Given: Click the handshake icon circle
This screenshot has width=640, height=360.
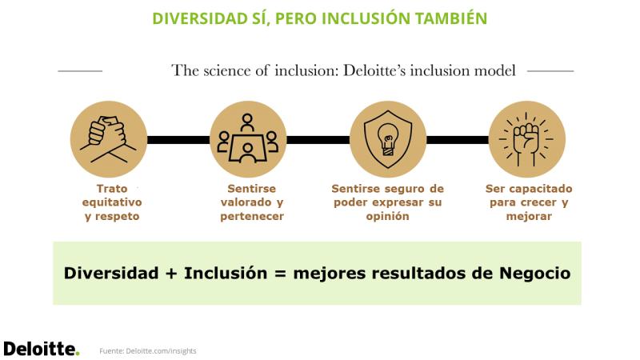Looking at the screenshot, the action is coord(109,139).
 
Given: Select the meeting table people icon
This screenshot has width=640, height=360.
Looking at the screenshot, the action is coord(247,139).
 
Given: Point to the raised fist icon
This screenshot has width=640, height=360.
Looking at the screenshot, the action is coord(526,139).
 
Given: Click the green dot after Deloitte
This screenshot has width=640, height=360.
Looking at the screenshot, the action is coord(77,354).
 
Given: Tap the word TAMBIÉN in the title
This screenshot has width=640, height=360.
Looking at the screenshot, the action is coord(450,18).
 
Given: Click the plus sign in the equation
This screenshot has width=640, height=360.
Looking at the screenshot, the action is coord(171,274).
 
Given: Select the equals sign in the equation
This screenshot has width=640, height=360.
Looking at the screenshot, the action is coord(281,274).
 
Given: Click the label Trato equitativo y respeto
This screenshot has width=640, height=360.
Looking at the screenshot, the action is coord(112,202).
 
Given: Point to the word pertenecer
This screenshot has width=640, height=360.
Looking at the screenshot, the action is coord(252,216).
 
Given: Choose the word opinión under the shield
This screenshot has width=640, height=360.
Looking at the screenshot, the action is coord(387,216).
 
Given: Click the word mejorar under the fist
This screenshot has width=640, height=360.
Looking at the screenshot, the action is coord(529,216).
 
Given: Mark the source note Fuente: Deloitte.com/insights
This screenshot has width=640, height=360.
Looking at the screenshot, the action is coord(148,351).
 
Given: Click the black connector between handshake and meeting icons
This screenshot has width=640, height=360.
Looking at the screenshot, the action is coord(178,140).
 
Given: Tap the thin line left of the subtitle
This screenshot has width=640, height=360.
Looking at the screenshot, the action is coord(80,71).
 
